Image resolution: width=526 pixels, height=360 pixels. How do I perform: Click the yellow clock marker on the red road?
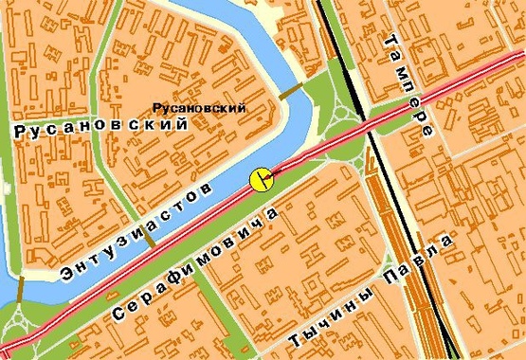[x=261, y=179]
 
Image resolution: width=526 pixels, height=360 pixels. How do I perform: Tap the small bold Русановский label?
[x=199, y=108]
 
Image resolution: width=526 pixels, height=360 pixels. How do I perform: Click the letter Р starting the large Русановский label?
[x=22, y=135]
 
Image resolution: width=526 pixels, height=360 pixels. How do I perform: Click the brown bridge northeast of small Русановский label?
[x=292, y=92]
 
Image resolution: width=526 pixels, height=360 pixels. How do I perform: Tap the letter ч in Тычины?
[x=328, y=315]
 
